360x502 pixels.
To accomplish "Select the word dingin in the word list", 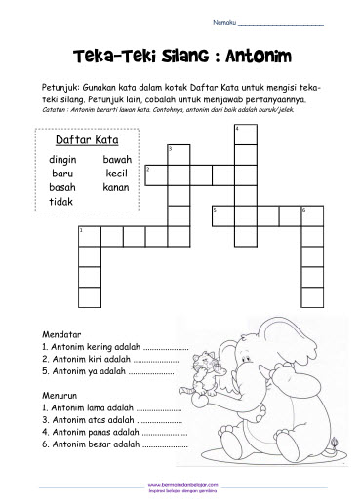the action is (61, 158).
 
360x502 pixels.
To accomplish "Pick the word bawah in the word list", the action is (117, 158).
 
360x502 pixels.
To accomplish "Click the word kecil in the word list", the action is (117, 173).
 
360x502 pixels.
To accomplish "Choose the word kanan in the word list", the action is (116, 187).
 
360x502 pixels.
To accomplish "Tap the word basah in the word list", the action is (61, 187).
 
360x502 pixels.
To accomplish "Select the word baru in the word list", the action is (61, 173).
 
